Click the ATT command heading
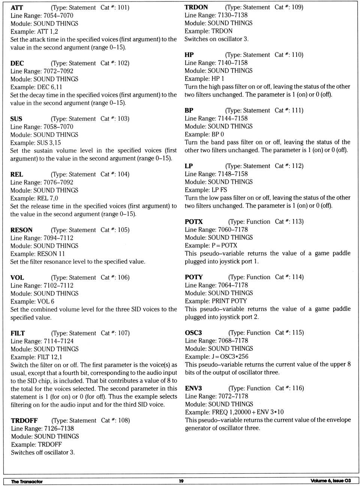[x=17, y=7]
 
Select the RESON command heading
[x=21, y=230]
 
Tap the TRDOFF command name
[x=24, y=421]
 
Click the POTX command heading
[x=193, y=222]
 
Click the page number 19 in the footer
[x=181, y=481]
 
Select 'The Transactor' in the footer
[x=27, y=481]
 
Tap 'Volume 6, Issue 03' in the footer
[x=330, y=481]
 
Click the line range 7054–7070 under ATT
[x=58, y=15]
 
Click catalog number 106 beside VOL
[x=123, y=277]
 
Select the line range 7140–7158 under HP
[x=232, y=63]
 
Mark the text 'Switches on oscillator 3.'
[x=216, y=39]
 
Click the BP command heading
[x=189, y=111]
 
